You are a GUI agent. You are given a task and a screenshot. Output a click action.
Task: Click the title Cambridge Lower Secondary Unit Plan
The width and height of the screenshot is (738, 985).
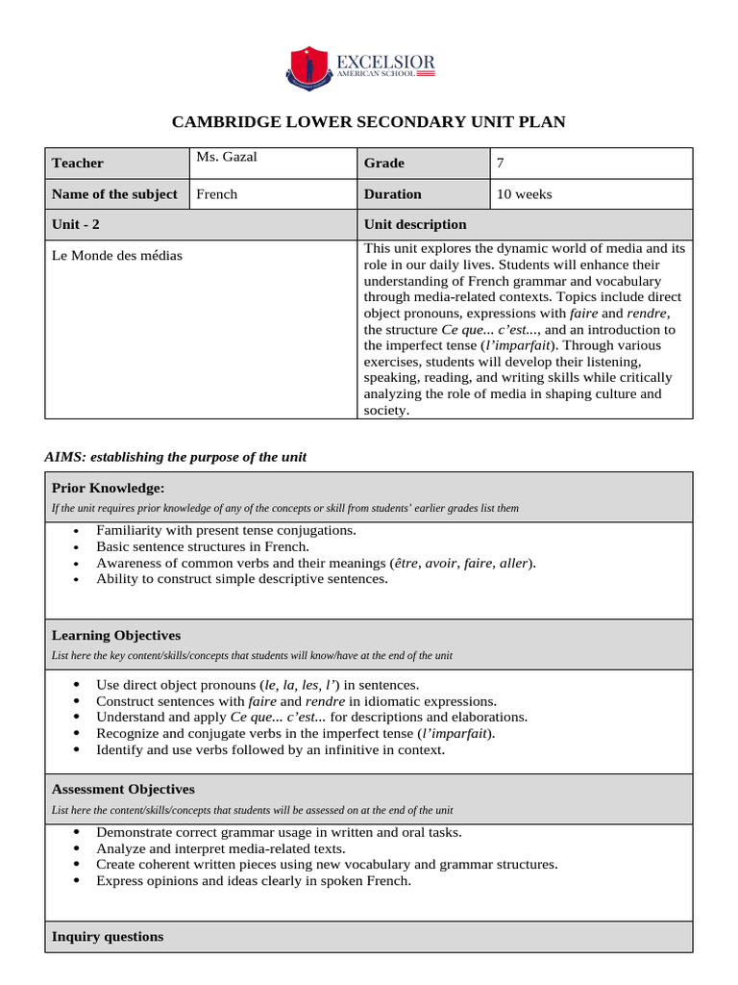368,122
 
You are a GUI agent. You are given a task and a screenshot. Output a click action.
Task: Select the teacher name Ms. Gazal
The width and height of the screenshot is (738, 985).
227,157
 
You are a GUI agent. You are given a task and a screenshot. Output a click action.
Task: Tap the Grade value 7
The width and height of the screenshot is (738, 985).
501,164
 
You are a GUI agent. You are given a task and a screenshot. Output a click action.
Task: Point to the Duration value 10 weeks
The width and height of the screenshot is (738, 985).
525,194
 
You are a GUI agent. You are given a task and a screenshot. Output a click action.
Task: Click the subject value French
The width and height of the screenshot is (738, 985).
216,194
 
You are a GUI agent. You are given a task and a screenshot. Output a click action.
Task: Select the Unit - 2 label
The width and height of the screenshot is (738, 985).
76,224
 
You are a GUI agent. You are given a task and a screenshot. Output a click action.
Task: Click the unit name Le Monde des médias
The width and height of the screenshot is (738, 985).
116,255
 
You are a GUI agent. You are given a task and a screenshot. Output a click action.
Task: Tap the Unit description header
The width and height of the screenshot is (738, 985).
415,224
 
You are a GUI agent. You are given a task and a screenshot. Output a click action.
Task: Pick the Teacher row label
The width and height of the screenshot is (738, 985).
78,164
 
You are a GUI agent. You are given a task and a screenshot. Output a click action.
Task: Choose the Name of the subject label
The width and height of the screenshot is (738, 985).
114,194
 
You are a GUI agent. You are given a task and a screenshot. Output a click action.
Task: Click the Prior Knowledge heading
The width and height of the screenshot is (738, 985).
108,488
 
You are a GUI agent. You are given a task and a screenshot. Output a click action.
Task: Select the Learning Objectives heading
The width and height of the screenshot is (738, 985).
115,636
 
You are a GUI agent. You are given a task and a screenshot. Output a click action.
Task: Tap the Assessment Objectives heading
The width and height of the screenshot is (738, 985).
123,789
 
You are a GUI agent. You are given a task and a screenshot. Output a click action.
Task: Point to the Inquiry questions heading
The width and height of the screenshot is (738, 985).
108,936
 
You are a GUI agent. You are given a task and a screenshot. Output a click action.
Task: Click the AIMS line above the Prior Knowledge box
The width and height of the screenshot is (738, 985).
176,457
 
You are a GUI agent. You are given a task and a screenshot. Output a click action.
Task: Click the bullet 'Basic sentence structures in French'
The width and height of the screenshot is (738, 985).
202,546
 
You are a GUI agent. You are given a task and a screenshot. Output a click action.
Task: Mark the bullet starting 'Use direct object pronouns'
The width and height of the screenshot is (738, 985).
258,685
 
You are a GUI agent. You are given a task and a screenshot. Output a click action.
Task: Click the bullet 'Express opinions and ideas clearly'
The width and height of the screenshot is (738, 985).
254,880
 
